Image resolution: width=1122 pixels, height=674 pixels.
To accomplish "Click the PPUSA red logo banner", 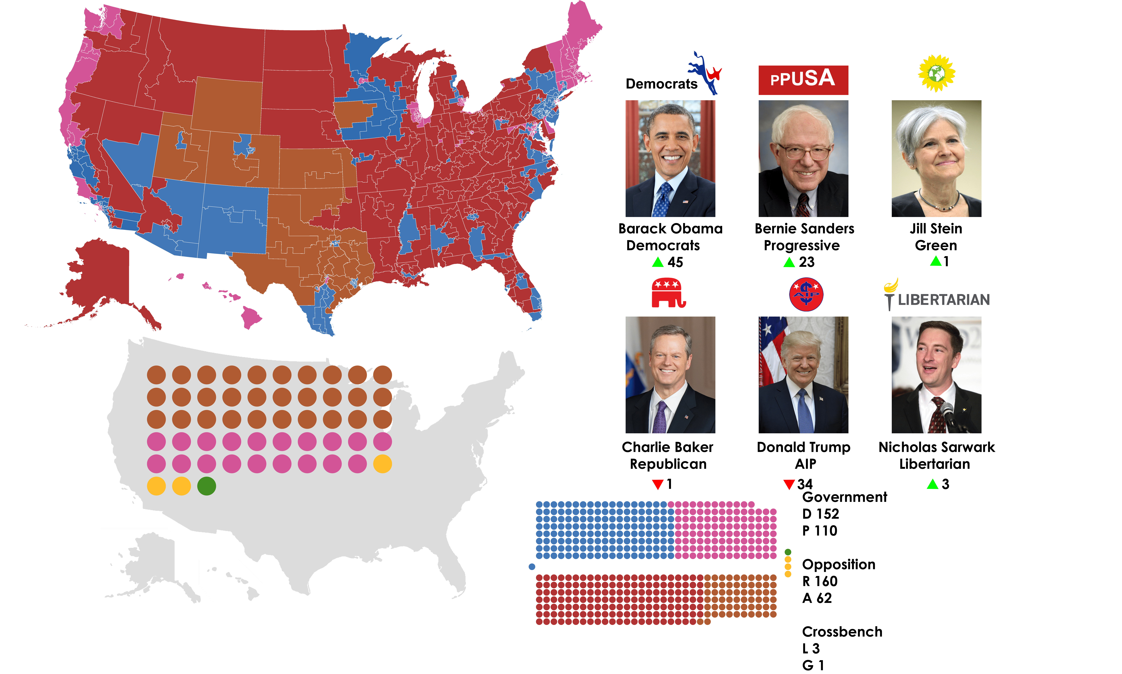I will [x=803, y=80].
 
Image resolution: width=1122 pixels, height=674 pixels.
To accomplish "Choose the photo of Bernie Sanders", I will [x=803, y=159].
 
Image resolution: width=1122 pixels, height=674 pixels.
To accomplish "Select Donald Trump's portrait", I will [x=803, y=375].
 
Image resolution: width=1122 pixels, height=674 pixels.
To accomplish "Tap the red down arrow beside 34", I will [x=789, y=484].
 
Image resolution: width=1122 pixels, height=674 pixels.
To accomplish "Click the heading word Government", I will [x=844, y=497].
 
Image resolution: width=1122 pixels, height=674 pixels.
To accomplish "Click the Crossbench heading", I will [x=842, y=632].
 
